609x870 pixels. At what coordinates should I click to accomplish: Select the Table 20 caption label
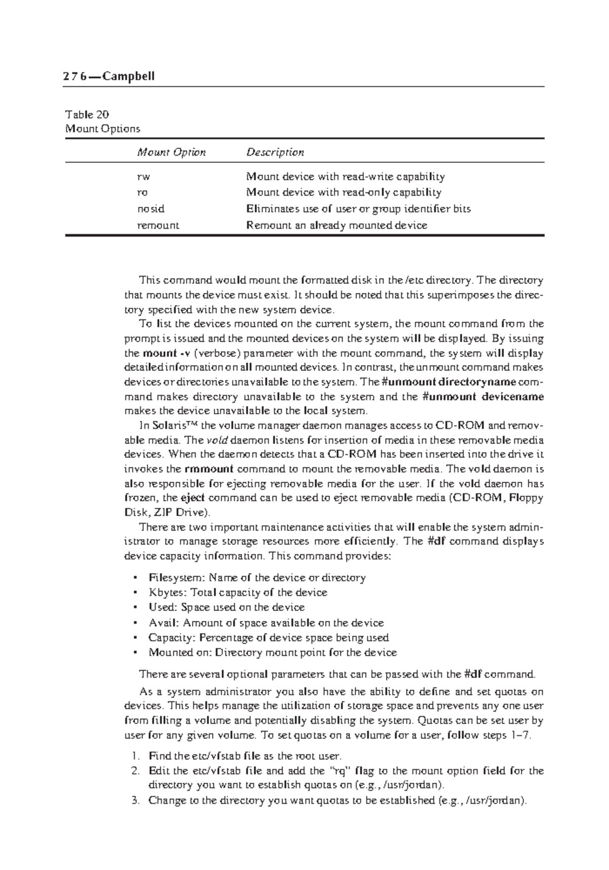click(87, 115)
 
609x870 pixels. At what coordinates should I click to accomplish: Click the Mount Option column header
click(171, 152)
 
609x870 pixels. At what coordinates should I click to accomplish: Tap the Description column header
click(275, 152)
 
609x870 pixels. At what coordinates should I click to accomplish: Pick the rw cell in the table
click(144, 177)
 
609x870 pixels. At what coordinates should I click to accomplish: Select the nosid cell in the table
click(151, 209)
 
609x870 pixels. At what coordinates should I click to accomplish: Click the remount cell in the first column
click(158, 225)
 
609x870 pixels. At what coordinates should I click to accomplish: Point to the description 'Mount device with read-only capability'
click(344, 192)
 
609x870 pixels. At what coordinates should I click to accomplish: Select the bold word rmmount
click(209, 469)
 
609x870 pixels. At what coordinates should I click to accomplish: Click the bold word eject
click(193, 498)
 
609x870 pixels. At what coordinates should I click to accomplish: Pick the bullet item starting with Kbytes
click(238, 592)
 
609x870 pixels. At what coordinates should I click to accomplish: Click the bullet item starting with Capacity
click(268, 638)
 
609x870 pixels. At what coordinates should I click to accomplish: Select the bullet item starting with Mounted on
click(272, 652)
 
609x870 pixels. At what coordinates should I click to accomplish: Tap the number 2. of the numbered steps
click(134, 771)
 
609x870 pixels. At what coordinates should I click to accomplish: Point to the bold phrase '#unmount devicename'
click(483, 396)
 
